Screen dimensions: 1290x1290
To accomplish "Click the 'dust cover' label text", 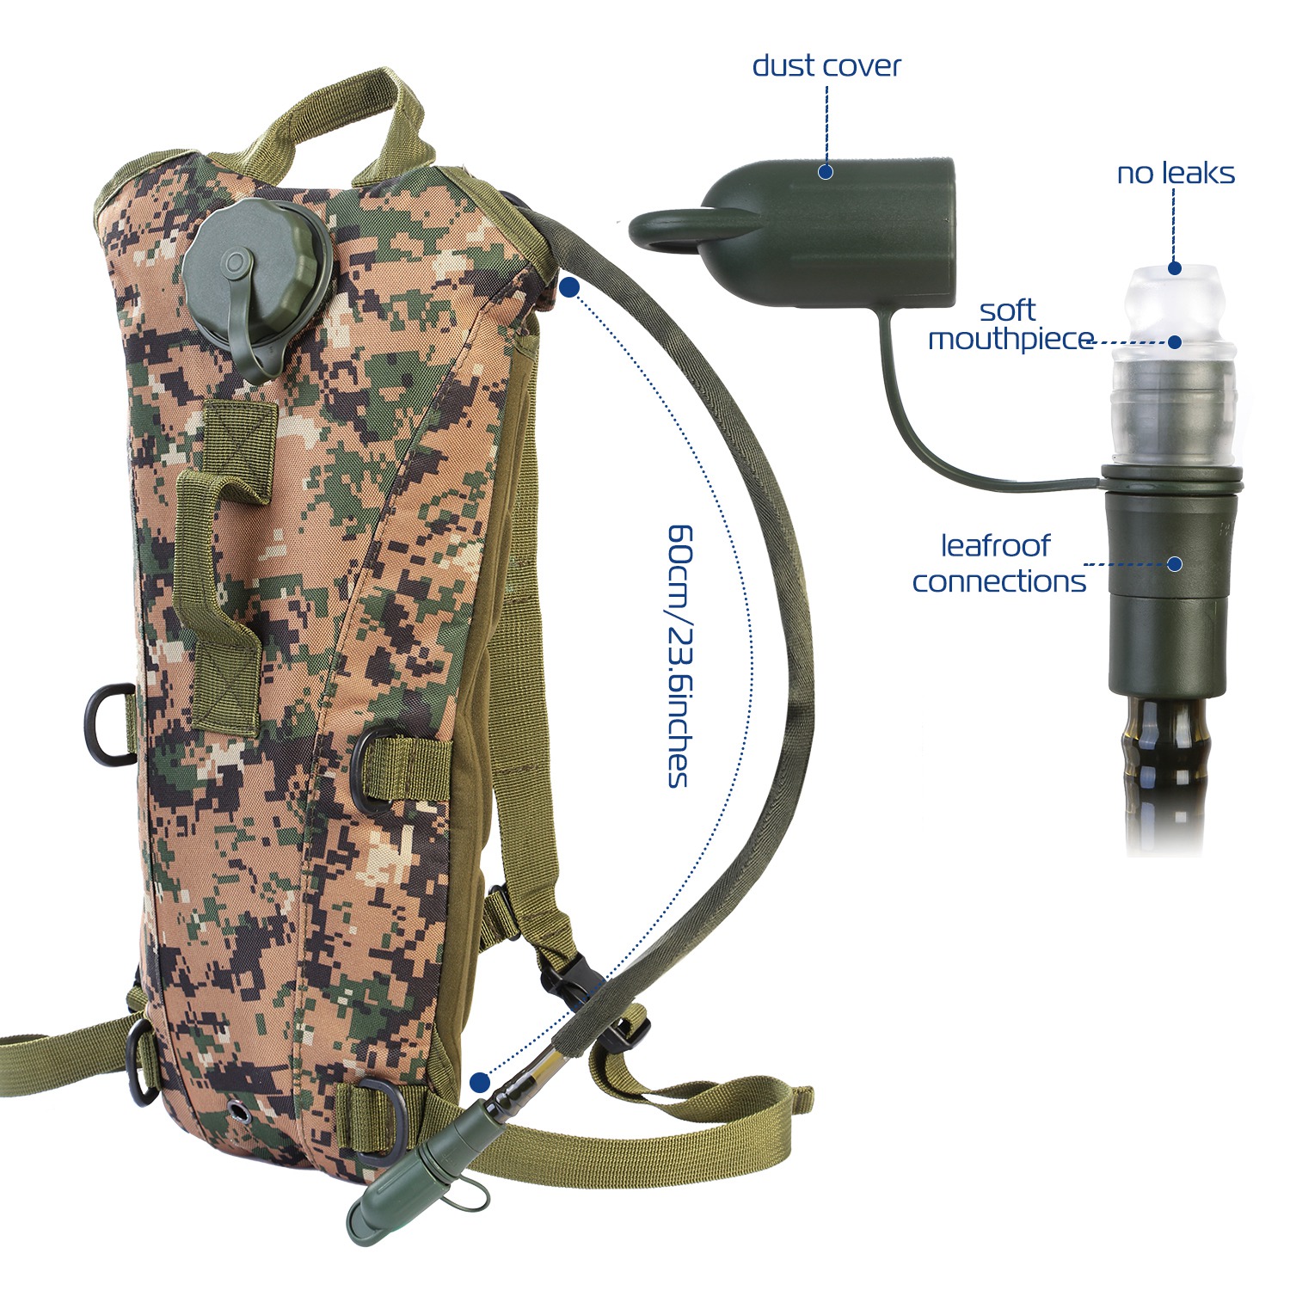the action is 826,66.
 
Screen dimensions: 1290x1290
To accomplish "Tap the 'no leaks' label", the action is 1176,174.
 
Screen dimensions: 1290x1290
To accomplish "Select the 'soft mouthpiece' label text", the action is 1010,324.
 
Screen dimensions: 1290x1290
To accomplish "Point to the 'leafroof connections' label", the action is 998,563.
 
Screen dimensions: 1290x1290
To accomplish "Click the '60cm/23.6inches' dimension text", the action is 679,655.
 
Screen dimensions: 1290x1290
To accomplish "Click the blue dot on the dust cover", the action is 826,172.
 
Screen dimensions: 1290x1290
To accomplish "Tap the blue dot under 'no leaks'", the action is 1175,269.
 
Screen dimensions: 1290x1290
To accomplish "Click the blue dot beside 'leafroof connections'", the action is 1175,564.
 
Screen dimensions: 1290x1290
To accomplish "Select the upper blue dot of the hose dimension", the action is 568,288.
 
